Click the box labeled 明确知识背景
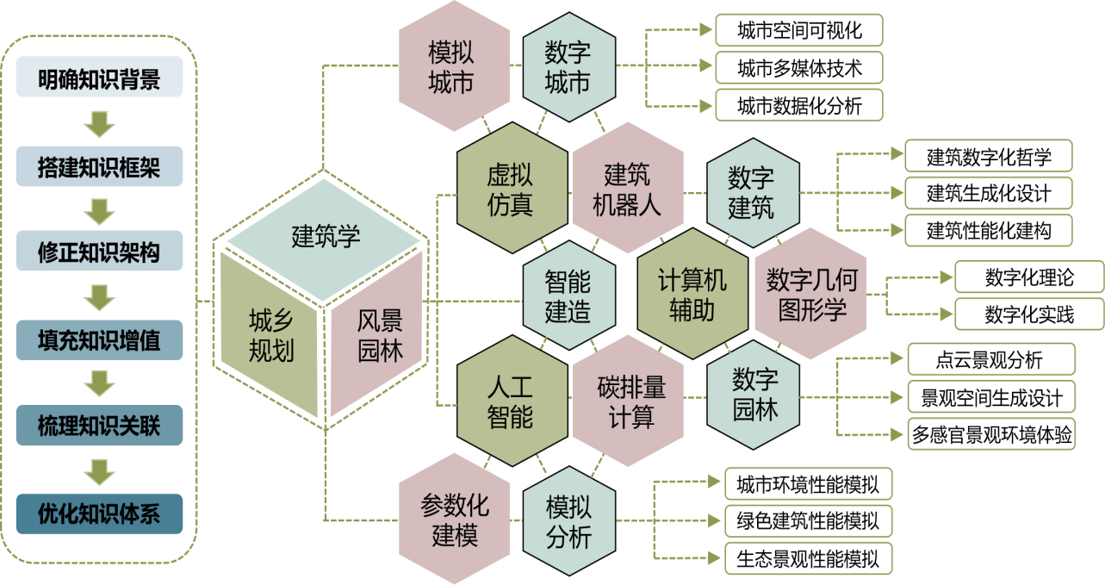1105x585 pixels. point(99,77)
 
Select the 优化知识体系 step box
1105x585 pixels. point(99,513)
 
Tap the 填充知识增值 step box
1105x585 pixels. point(99,340)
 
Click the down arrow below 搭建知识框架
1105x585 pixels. point(99,212)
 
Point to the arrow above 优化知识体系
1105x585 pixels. point(99,472)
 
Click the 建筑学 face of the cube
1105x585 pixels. point(324,240)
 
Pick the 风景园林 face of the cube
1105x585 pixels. point(377,333)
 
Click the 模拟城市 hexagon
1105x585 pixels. point(454,65)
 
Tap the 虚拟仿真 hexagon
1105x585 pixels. point(512,188)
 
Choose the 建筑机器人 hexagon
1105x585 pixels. point(628,188)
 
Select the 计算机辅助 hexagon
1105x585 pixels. point(692,293)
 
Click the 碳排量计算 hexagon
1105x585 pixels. point(628,401)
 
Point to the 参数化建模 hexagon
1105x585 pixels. point(454,519)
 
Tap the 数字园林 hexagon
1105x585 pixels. point(754,395)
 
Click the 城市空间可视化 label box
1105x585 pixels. point(799,30)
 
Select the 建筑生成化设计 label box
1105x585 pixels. point(989,193)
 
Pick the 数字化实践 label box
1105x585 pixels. point(1029,314)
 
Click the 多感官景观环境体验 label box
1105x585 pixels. point(991,434)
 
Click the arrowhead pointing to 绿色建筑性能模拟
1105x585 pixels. point(713,520)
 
